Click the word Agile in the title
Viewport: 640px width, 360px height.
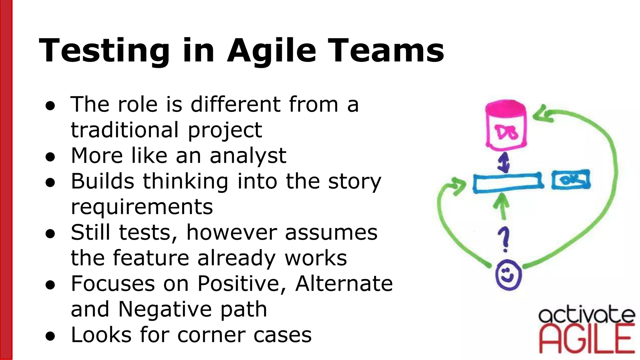pos(271,51)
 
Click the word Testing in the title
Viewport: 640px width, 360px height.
pos(104,51)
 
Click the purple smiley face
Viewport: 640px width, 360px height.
pos(508,275)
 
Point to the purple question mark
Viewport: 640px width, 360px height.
pos(504,239)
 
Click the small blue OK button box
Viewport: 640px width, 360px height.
pos(571,180)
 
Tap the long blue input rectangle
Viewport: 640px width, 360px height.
pos(508,183)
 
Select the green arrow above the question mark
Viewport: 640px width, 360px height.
pos(502,206)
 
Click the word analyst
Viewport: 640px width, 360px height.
pos(248,156)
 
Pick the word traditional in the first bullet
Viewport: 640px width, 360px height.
pos(125,130)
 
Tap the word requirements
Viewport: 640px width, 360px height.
pos(142,207)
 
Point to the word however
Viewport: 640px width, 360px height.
pos(231,232)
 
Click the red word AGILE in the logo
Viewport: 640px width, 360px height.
pos(587,339)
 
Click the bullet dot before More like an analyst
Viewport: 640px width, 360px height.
pos(50,157)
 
